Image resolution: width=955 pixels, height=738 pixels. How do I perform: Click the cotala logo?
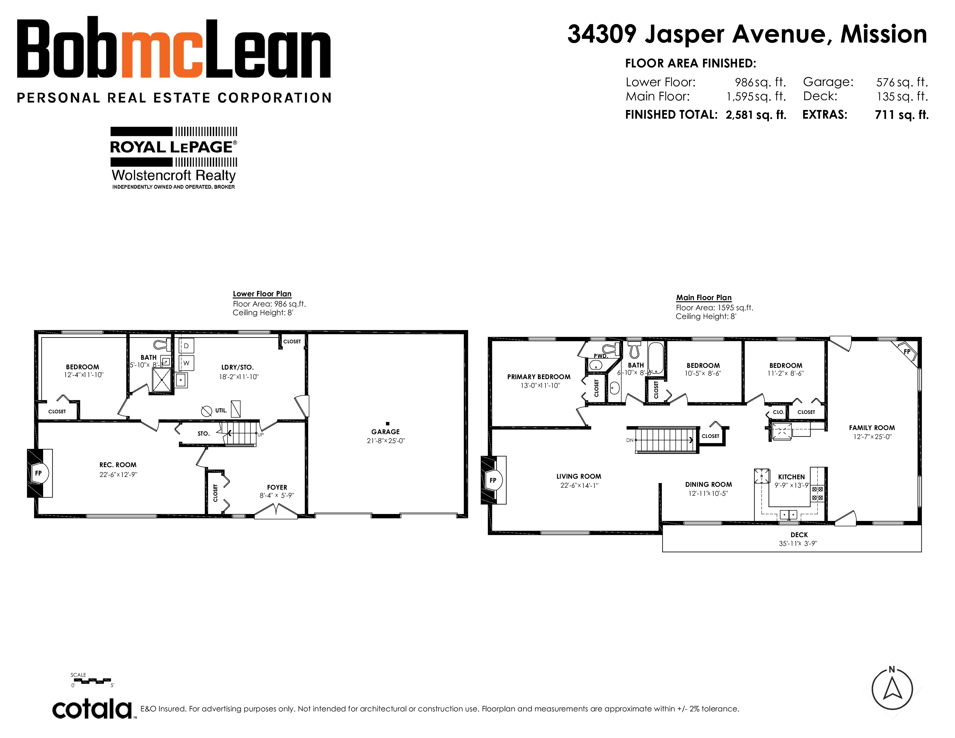click(x=93, y=709)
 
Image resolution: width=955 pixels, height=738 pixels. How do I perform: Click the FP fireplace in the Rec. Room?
click(x=39, y=473)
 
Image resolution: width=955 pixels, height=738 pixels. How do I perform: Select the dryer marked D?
click(x=186, y=345)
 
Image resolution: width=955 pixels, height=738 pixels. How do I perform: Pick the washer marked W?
click(x=186, y=363)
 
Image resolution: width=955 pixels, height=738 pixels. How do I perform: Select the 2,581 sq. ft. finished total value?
click(x=756, y=115)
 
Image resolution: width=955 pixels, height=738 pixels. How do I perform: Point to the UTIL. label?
click(x=221, y=411)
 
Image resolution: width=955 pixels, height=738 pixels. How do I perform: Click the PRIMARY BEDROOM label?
click(x=539, y=377)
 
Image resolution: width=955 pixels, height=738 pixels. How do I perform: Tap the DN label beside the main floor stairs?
click(x=630, y=440)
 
